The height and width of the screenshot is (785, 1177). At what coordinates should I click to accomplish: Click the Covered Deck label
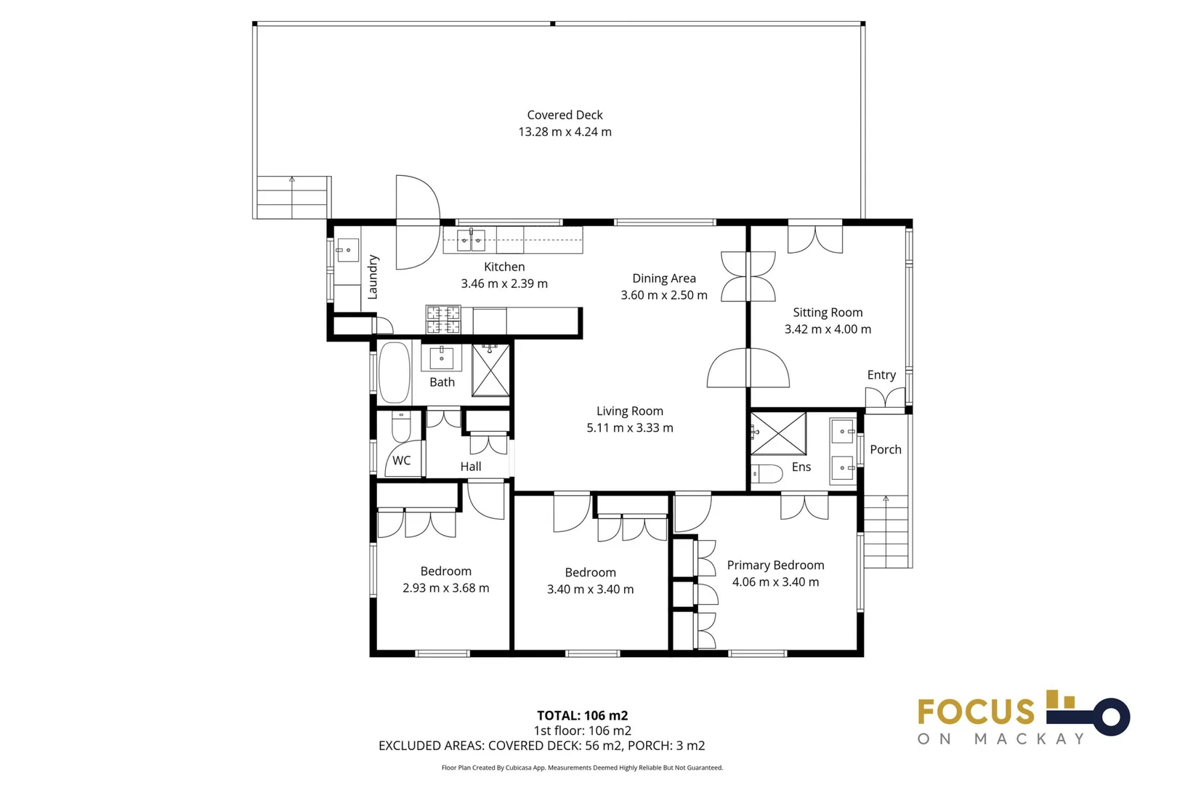coord(565,115)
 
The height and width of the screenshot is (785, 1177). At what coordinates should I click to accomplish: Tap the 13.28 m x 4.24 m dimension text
coord(565,132)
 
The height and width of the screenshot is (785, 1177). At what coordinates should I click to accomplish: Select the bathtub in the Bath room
coord(395,372)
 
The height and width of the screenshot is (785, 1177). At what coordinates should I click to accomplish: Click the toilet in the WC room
coord(401,427)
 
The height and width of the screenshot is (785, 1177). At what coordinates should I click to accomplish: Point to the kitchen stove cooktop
coord(443,320)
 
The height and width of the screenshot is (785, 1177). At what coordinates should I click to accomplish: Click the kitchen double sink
coord(471,240)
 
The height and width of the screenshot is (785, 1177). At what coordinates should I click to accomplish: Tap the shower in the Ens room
coord(778,433)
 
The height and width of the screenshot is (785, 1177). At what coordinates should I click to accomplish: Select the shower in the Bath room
coord(491,371)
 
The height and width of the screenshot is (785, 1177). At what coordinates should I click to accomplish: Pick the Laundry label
coord(373,277)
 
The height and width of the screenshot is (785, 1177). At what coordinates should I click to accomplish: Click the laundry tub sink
coord(348,250)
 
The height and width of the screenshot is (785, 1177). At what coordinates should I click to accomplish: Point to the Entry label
coord(881,375)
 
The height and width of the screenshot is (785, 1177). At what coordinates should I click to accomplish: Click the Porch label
coord(886,450)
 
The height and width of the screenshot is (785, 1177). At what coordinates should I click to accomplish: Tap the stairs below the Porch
coord(886,531)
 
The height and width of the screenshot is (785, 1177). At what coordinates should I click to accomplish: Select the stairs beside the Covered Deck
coord(292,197)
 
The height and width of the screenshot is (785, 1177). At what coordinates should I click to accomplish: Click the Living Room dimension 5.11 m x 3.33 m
coord(630,428)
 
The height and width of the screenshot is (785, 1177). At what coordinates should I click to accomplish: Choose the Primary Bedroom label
coord(775,565)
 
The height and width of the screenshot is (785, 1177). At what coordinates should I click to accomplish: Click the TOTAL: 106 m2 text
coord(582,715)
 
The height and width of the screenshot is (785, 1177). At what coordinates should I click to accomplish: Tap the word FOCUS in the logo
coord(976,712)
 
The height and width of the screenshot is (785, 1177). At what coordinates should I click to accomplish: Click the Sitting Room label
coord(828,313)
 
